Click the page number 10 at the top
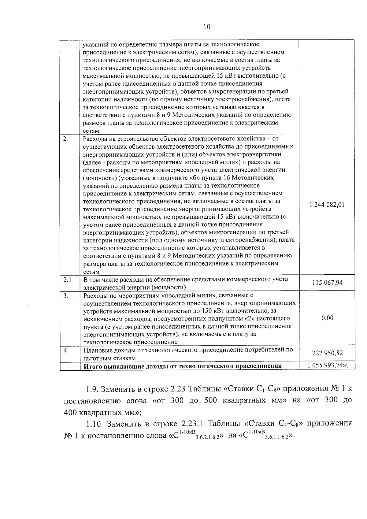click(x=207, y=27)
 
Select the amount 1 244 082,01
click(x=327, y=205)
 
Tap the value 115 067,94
click(x=327, y=283)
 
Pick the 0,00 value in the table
click(x=327, y=318)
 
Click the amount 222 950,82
click(x=327, y=353)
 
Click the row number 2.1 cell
click(x=67, y=280)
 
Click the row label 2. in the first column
click(x=65, y=139)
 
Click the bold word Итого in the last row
click(x=93, y=366)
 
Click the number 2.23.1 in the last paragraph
click(x=193, y=424)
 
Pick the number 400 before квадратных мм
click(x=70, y=412)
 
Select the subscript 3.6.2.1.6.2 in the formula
click(x=207, y=438)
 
